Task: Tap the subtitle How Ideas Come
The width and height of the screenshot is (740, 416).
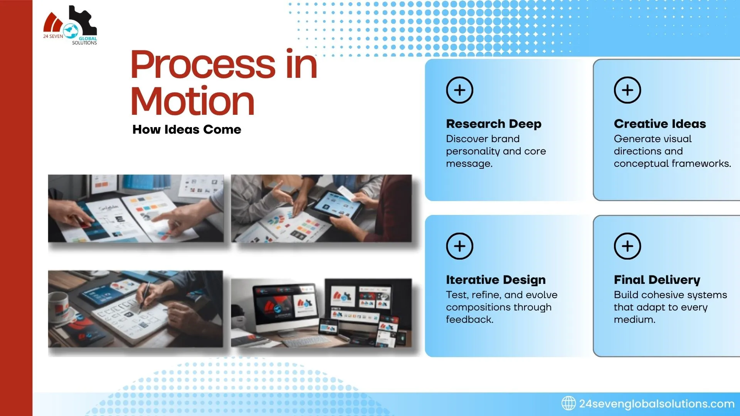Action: (x=187, y=129)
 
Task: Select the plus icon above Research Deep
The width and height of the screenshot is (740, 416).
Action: (x=459, y=90)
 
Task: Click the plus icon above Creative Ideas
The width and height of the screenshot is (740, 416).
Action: (x=627, y=90)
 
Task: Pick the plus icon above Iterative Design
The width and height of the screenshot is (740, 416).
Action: (x=459, y=246)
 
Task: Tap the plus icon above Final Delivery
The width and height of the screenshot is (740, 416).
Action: (x=627, y=246)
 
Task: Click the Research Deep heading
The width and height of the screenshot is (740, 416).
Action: (x=493, y=124)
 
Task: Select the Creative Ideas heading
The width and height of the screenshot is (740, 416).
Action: (x=659, y=124)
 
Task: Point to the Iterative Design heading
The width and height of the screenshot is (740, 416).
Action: (x=496, y=280)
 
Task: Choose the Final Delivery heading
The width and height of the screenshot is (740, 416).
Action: (x=657, y=280)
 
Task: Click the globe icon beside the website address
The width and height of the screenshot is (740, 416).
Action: (x=568, y=403)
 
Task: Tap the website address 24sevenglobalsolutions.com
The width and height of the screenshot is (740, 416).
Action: (x=656, y=404)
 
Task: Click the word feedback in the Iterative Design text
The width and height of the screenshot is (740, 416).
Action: (x=469, y=320)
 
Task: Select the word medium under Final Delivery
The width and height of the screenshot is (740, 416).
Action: (x=634, y=320)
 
